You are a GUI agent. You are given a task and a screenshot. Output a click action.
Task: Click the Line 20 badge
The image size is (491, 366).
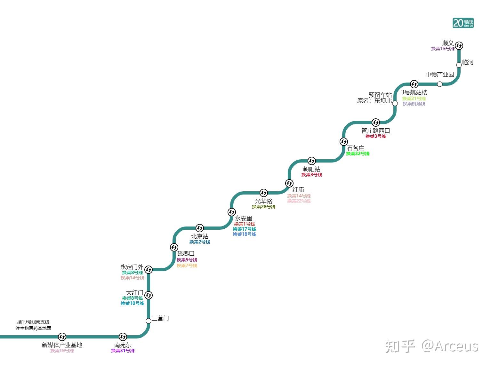click(463, 23)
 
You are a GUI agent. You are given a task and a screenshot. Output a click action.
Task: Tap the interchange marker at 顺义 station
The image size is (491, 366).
click(459, 46)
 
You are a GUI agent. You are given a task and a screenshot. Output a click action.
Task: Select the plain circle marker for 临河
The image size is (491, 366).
click(459, 65)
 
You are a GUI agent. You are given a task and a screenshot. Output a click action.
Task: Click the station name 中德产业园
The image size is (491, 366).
click(439, 75)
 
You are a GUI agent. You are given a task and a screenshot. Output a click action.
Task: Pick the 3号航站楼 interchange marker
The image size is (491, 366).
click(414, 84)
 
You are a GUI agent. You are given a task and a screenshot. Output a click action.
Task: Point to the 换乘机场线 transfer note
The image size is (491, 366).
click(414, 104)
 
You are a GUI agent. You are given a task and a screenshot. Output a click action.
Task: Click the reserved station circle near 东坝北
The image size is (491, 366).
click(395, 103)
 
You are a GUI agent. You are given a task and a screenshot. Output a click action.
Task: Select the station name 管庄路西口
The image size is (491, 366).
click(375, 131)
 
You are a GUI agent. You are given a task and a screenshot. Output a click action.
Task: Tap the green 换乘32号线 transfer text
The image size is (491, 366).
click(358, 154)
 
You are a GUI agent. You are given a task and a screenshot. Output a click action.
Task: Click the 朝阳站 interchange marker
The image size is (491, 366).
click(312, 161)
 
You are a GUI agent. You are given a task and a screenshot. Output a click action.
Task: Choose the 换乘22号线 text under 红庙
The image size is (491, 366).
click(299, 201)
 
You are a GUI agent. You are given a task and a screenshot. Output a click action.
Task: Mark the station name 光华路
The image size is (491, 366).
click(263, 201)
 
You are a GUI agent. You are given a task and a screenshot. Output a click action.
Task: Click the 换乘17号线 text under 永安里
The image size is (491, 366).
click(244, 229)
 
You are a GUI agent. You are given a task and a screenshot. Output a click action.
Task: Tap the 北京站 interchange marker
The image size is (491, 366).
click(200, 228)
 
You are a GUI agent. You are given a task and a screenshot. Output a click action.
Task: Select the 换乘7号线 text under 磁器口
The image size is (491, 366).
click(187, 266)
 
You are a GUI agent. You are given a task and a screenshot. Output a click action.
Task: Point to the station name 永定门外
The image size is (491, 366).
click(132, 267)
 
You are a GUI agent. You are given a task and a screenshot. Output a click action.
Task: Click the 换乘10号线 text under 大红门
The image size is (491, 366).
click(132, 303)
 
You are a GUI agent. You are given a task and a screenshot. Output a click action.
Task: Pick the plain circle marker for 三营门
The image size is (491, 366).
click(149, 321)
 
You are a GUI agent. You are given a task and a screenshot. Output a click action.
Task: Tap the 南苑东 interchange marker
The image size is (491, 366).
click(123, 337)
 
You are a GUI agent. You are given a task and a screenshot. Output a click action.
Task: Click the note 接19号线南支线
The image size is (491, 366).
click(33, 322)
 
